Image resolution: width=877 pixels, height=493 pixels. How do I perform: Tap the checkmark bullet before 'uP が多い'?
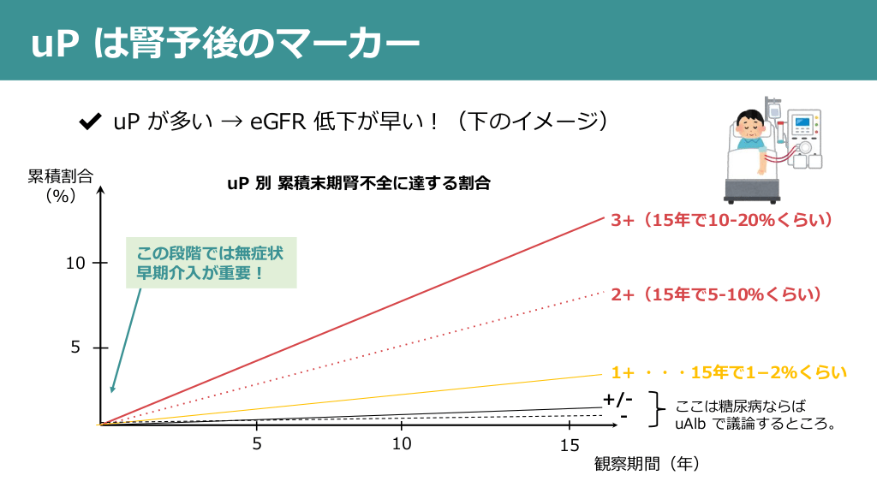tap(88, 122)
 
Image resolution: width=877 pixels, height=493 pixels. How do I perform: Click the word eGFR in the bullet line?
tap(272, 122)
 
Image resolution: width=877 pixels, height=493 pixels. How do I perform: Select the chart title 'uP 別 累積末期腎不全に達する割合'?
tap(359, 183)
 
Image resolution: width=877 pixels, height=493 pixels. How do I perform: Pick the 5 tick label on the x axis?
tap(257, 444)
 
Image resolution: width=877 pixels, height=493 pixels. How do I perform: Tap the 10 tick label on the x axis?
tap(401, 444)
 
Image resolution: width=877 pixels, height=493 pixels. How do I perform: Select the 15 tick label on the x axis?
tap(570, 446)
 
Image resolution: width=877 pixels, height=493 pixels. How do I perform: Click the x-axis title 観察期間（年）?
tap(647, 464)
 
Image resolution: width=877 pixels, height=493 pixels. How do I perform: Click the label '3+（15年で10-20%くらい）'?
tap(722, 220)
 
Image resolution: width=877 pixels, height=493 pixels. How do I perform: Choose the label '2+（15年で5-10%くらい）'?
tap(717, 294)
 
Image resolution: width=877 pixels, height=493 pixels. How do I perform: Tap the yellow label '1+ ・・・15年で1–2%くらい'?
tap(729, 373)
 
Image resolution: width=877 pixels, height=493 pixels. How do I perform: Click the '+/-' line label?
tap(617, 400)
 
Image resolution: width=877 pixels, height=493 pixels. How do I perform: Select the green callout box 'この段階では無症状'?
tap(211, 263)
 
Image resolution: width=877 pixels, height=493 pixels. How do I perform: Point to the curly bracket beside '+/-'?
tap(657, 408)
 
